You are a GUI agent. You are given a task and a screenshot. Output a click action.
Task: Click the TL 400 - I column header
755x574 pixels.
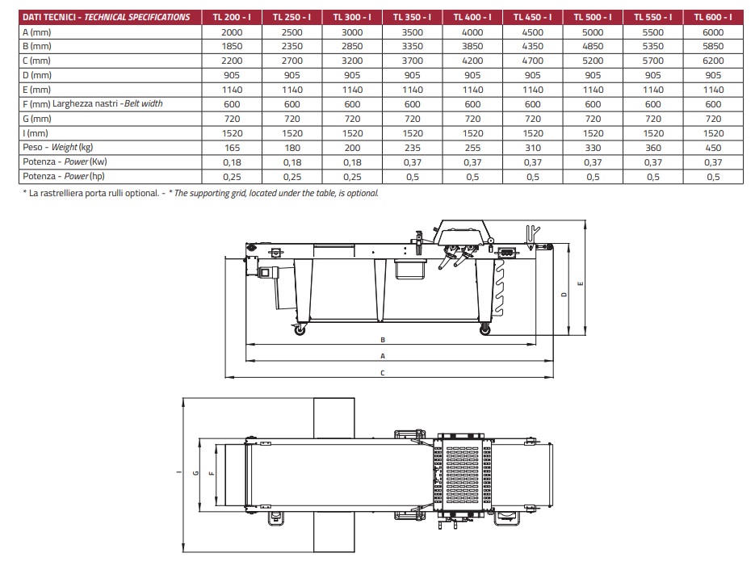472,17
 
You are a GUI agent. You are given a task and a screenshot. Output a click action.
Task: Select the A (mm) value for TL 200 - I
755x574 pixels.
232,32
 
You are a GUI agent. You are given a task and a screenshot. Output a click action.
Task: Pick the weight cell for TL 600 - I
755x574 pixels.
713,148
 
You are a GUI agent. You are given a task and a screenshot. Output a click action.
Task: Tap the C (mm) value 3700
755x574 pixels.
412,61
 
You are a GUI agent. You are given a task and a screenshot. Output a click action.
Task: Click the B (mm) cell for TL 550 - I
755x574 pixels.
653,46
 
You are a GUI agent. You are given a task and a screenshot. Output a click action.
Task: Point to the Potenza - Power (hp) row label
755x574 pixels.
64,176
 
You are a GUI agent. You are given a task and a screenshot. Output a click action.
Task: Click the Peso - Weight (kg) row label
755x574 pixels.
58,148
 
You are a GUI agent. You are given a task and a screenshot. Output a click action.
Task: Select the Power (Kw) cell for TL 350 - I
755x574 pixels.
412,162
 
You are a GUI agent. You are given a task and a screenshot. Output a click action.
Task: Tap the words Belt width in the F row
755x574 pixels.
144,103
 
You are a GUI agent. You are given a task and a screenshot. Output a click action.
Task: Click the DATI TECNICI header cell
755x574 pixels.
107,17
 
